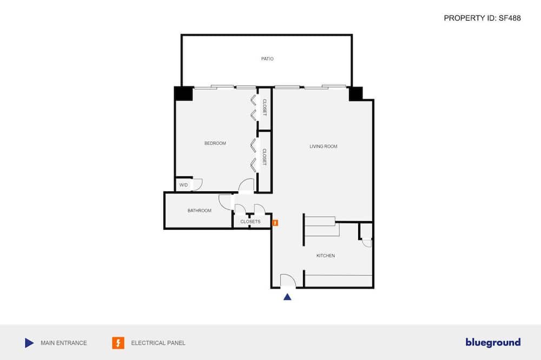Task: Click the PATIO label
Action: pos(267,59)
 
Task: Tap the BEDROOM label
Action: pos(215,143)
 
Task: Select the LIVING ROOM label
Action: pos(324,146)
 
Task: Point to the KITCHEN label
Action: pos(325,256)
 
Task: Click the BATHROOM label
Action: pos(200,210)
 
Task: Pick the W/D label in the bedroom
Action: pos(183,185)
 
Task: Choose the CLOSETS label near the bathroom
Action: pos(250,222)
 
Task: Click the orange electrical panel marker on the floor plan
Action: pos(275,223)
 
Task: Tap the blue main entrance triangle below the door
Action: pos(287,297)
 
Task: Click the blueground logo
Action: pos(493,342)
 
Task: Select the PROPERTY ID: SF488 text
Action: pos(482,18)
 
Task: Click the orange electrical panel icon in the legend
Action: pos(118,343)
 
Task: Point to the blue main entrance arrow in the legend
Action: pos(29,343)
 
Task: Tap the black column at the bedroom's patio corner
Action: pos(183,94)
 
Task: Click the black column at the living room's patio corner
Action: pos(355,94)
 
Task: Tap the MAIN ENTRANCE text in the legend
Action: pos(64,343)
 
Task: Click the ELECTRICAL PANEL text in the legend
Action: pos(158,343)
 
